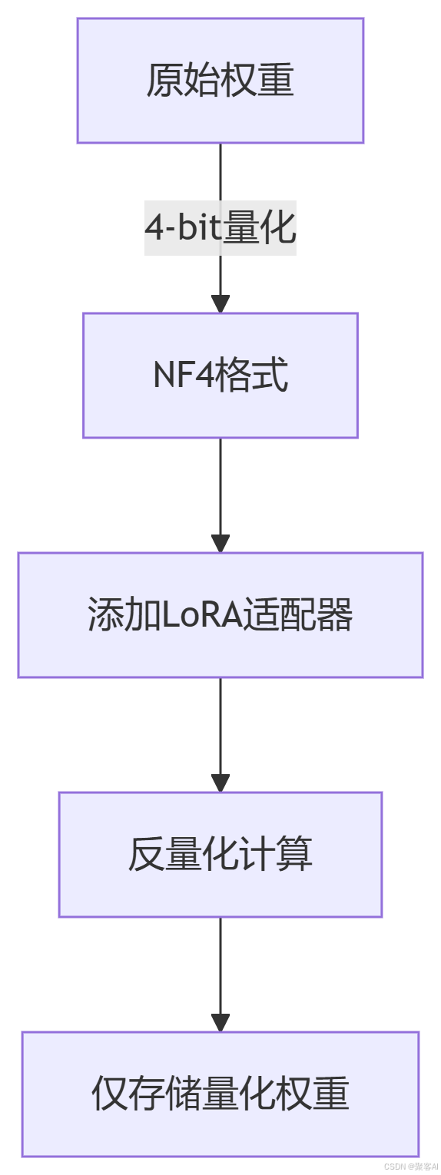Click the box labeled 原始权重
pos(220,81)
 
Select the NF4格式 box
pos(220,376)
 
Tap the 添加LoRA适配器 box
pos(220,615)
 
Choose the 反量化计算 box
pos(220,855)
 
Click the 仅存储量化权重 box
pos(220,1094)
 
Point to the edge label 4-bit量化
pos(220,228)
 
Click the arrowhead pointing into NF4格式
pos(220,304)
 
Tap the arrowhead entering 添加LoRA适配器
pos(220,544)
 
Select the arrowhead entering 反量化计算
pos(220,783)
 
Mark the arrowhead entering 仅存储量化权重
pos(220,1023)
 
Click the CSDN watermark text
pos(410,1166)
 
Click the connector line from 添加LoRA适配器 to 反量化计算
pos(220,726)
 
